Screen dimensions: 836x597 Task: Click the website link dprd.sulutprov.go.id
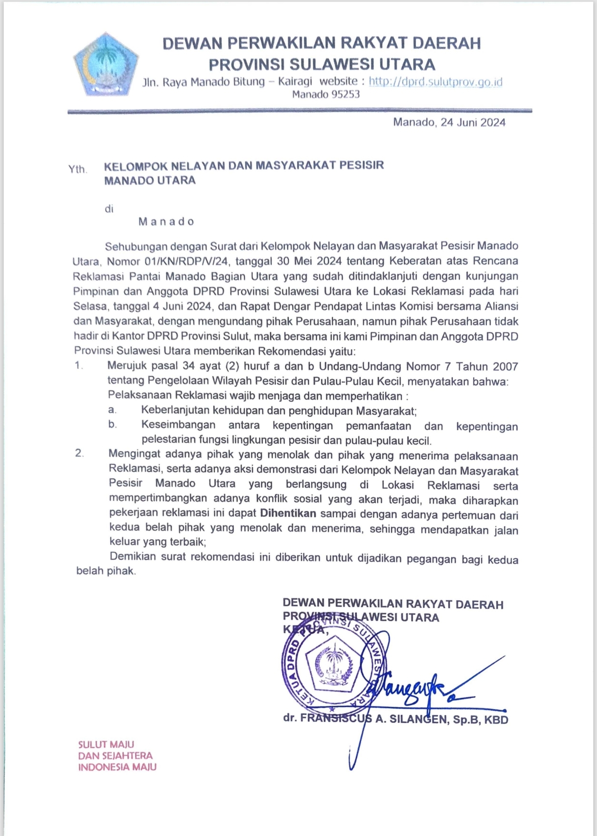coord(436,82)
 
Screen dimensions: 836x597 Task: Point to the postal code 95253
coord(345,95)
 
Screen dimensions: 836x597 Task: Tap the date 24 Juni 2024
coord(473,122)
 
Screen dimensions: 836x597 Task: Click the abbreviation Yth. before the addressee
coord(77,169)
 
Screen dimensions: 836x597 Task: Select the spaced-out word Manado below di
coord(166,222)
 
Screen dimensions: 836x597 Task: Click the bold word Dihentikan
coord(288,514)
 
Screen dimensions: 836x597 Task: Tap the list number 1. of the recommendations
coord(79,365)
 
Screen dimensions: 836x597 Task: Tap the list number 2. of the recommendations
coord(79,453)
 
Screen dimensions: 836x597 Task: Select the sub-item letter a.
coord(112,409)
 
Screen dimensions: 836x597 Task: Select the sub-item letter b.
coord(113,424)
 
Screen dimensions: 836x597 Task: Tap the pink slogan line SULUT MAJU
coord(106,744)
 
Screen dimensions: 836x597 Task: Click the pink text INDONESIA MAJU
coord(117,767)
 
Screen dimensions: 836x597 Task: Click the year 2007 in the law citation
coord(505,366)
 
